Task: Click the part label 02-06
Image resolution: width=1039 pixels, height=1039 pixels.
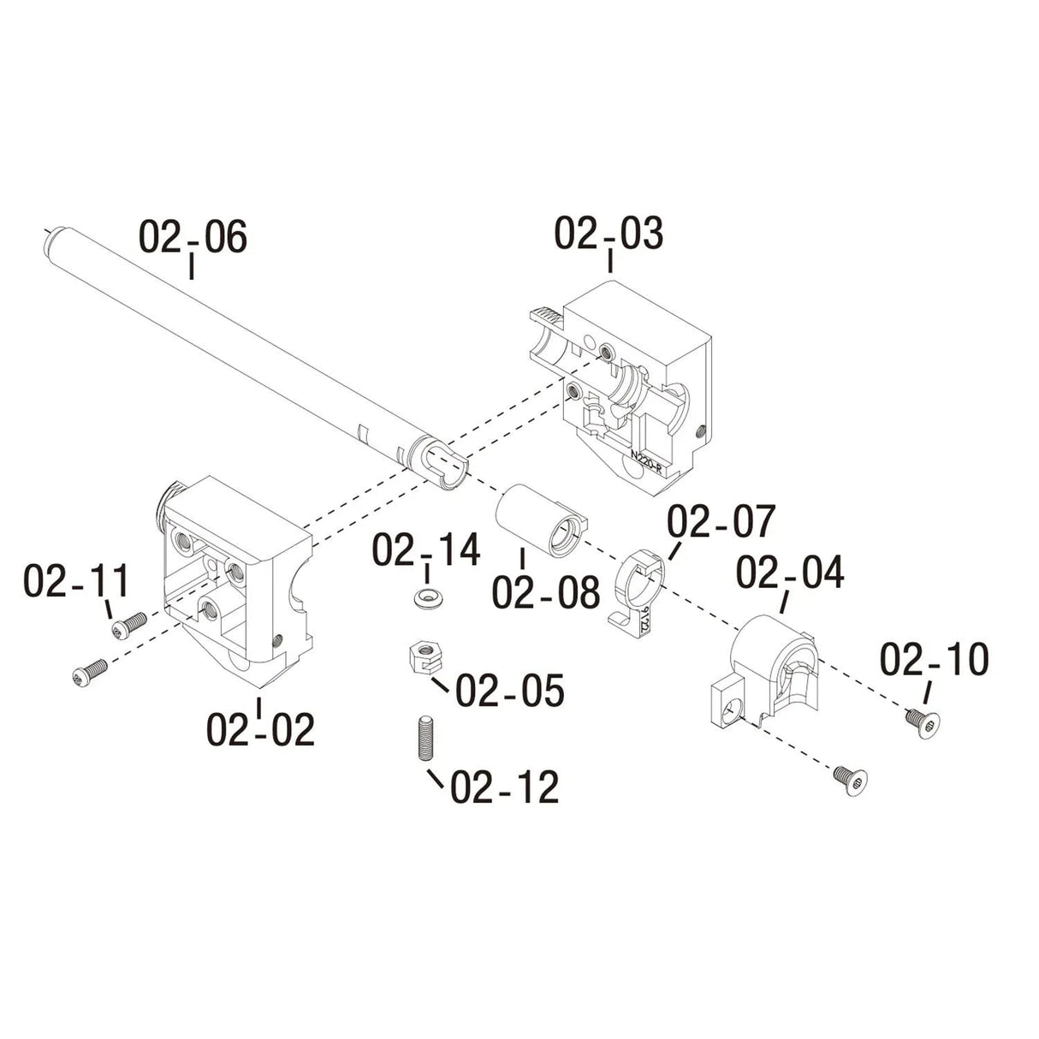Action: [x=193, y=237]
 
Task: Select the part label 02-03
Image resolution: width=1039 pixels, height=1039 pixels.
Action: [x=609, y=234]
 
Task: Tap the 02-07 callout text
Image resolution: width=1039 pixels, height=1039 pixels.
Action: [x=721, y=522]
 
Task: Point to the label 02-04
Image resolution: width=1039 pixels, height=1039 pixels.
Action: [x=789, y=573]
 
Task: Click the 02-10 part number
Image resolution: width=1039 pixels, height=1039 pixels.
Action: [x=934, y=660]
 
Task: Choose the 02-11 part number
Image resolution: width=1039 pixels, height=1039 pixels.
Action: [x=76, y=581]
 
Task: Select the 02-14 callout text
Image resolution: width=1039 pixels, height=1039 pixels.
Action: [x=425, y=550]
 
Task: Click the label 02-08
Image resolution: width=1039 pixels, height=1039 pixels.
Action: [x=546, y=592]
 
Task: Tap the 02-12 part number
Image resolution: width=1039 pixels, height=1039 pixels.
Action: [x=504, y=787]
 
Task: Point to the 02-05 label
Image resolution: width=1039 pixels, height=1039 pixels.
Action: [x=509, y=691]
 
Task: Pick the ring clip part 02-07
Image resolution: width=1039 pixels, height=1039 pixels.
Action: [x=639, y=591]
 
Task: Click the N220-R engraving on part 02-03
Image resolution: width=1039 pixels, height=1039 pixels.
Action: [x=646, y=463]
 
